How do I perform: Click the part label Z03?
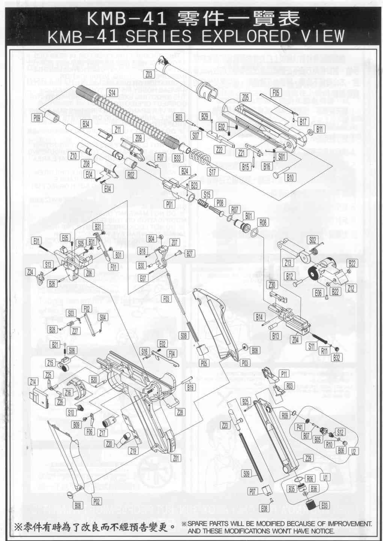click(x=149, y=74)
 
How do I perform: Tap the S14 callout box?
click(x=112, y=93)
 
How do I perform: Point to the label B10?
click(x=290, y=178)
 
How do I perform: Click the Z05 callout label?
click(x=245, y=98)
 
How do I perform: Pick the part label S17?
click(x=213, y=172)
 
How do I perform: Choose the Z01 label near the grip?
click(x=176, y=458)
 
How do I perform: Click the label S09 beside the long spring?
click(x=246, y=474)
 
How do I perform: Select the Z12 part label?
click(x=351, y=288)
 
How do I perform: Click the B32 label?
click(x=336, y=358)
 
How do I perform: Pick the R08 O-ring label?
click(x=263, y=223)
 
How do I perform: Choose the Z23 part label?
click(x=225, y=425)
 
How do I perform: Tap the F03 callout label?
click(x=166, y=299)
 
